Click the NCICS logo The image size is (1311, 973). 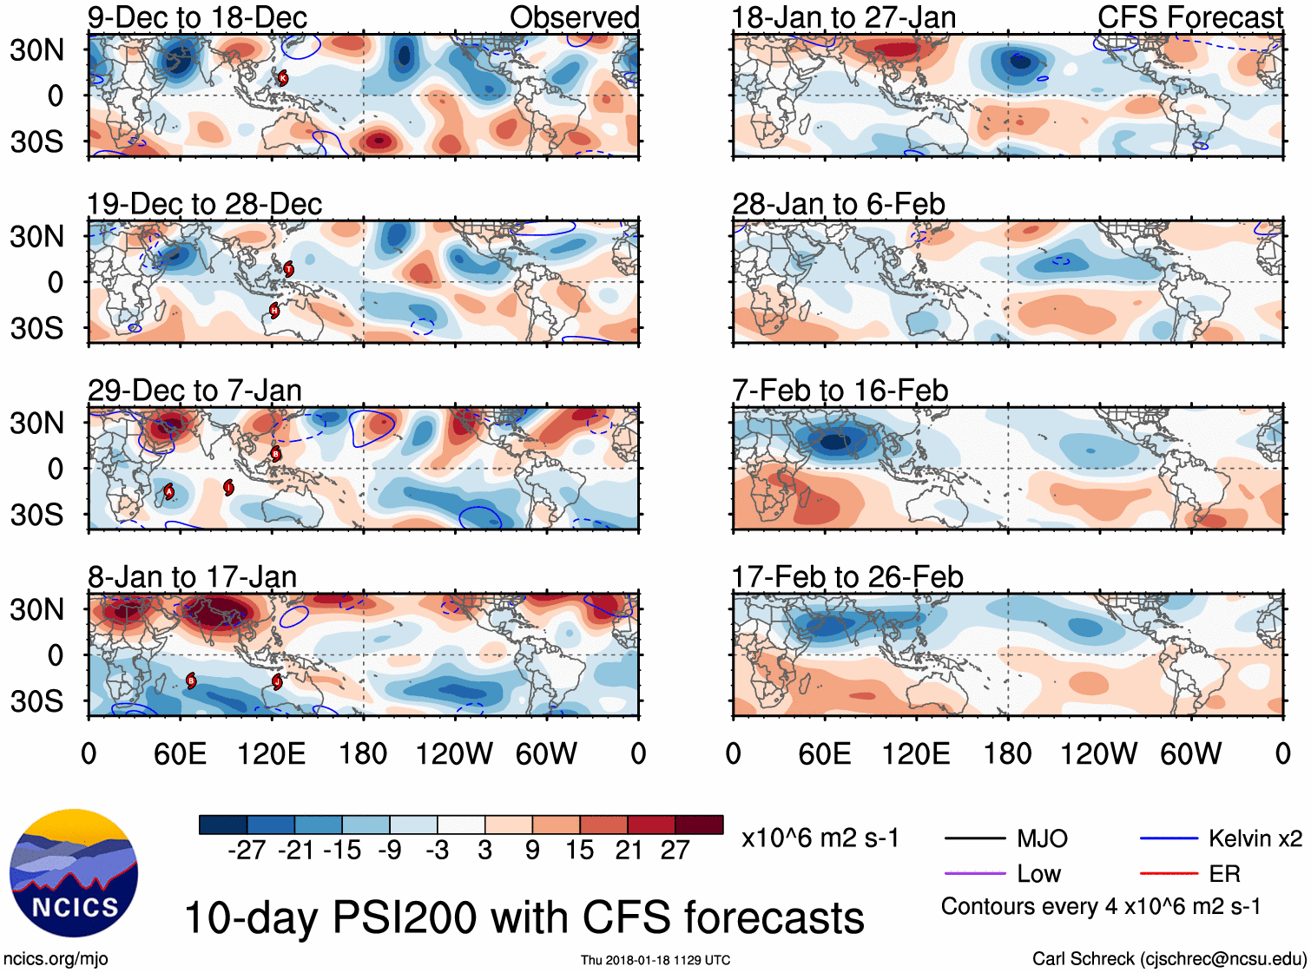(x=74, y=873)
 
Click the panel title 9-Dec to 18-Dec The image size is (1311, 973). (x=197, y=17)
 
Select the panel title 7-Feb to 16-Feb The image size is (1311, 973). (x=840, y=391)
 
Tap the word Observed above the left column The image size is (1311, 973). (x=574, y=17)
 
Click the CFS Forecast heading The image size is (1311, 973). (x=1189, y=17)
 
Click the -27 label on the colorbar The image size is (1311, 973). (x=247, y=851)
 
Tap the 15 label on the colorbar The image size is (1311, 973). (x=579, y=851)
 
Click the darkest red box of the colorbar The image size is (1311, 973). (x=699, y=825)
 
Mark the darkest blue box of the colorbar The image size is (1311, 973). (x=223, y=825)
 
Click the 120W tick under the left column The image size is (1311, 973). (x=454, y=753)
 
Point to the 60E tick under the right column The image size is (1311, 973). (x=824, y=753)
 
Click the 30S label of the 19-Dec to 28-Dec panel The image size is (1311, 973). (x=36, y=328)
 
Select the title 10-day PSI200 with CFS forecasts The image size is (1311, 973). (x=524, y=918)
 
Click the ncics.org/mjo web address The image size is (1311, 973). (x=56, y=959)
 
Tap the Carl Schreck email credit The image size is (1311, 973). (x=1169, y=959)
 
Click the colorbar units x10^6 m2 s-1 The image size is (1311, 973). (x=820, y=838)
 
